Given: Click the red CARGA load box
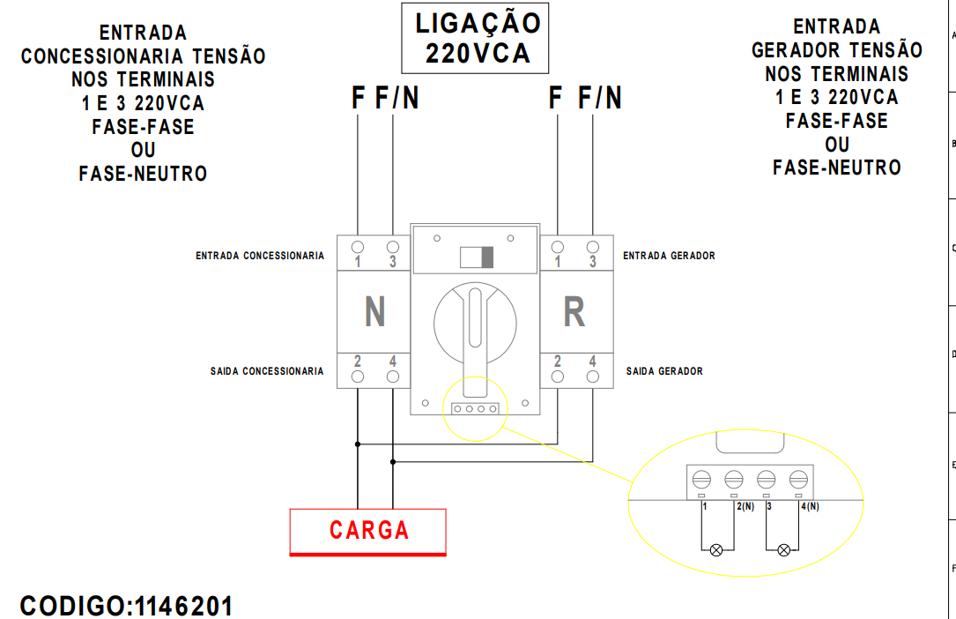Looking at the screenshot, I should [x=368, y=531].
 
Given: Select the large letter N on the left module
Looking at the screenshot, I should [x=374, y=311].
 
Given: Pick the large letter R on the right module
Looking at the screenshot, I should [x=574, y=312].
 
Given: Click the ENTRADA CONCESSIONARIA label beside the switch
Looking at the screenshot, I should [x=260, y=256].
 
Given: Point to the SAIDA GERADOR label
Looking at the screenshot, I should [x=664, y=371].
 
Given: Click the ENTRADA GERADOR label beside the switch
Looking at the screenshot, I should [x=669, y=256].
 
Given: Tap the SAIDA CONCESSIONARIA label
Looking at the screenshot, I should [x=267, y=371].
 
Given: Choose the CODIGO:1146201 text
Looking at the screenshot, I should [x=127, y=606].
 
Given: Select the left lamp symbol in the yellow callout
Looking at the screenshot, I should [x=715, y=549].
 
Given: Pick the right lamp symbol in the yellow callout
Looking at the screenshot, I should [x=783, y=549].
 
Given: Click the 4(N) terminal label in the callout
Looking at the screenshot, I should [x=810, y=507].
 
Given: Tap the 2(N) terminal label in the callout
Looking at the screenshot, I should [x=745, y=507].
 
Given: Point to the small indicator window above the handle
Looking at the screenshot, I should [x=477, y=257].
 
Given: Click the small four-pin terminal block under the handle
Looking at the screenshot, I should [x=476, y=409].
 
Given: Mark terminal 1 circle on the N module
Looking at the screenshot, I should [x=358, y=247].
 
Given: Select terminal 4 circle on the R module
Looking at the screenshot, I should [x=593, y=377].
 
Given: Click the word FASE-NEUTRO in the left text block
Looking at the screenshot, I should [x=143, y=174].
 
